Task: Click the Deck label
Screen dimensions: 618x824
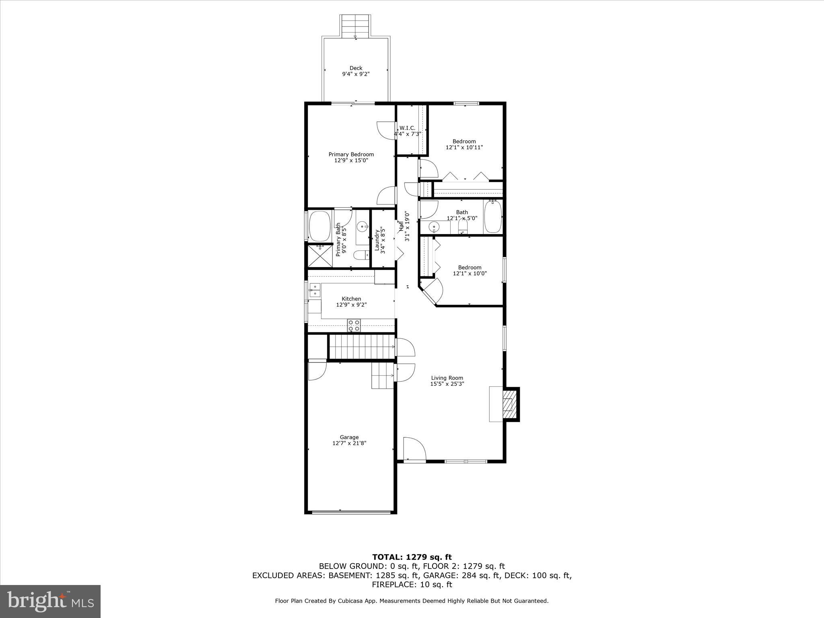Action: click(356, 68)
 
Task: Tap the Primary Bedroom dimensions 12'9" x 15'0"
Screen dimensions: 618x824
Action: click(351, 161)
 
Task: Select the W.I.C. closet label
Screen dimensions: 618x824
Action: click(407, 128)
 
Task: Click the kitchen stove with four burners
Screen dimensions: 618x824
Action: click(354, 325)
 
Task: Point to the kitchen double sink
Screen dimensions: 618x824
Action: click(315, 290)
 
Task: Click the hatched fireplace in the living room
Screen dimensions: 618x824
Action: click(509, 404)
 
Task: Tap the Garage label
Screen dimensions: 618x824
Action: click(349, 437)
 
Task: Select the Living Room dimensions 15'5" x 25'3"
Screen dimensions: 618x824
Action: click(447, 384)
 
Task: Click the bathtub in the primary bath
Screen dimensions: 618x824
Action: click(319, 226)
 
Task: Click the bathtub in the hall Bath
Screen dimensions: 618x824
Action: click(492, 217)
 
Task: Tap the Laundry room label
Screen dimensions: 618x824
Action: click(377, 240)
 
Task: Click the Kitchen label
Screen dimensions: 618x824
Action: click(351, 299)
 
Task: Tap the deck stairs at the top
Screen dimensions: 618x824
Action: click(355, 25)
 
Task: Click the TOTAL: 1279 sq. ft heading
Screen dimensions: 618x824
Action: click(412, 557)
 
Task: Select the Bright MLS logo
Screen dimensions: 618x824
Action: click(50, 601)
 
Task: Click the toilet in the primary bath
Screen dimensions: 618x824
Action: click(360, 255)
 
